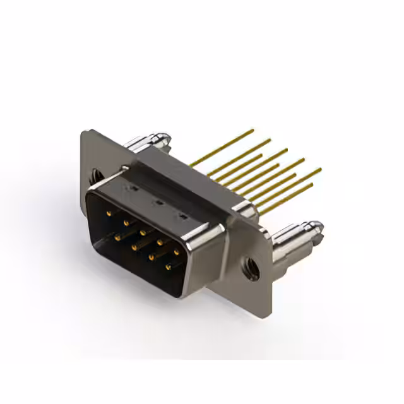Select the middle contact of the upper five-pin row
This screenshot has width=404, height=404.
coord(143,232)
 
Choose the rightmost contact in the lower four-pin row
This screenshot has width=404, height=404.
coord(167,267)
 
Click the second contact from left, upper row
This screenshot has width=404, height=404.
coord(126,223)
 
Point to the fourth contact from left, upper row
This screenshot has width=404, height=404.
coord(160,242)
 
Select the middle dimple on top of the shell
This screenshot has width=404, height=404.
coord(158,203)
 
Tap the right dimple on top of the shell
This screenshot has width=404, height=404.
coord(182,217)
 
